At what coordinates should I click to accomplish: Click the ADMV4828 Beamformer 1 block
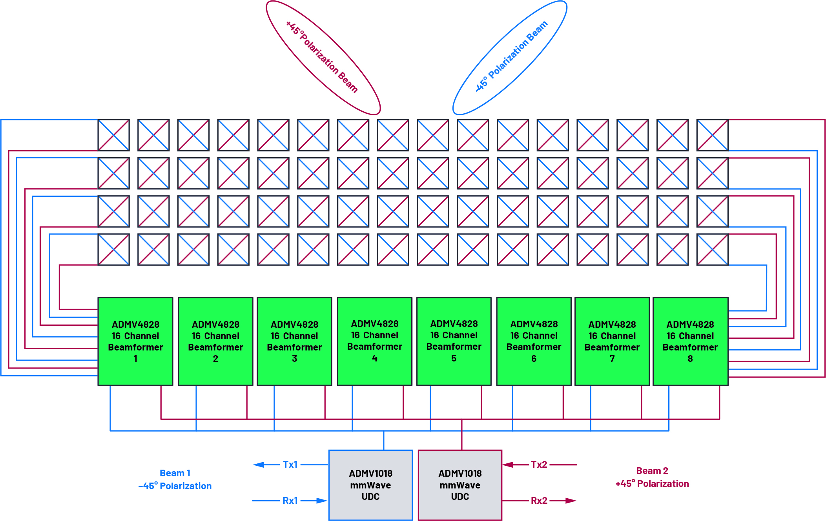click(x=135, y=341)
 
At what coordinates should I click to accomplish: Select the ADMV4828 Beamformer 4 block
click(x=374, y=341)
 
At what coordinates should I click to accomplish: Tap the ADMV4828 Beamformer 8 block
click(x=690, y=341)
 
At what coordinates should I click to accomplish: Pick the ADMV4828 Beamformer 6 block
click(x=534, y=341)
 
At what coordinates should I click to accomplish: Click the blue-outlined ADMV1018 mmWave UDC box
click(x=370, y=485)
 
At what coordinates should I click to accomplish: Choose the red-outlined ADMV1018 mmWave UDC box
click(x=460, y=485)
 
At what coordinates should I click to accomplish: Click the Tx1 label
click(x=290, y=465)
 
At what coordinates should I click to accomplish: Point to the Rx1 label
click(x=290, y=501)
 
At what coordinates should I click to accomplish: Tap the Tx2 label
click(x=539, y=465)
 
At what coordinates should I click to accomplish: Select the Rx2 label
click(x=539, y=501)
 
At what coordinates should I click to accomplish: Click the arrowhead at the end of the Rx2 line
click(x=571, y=501)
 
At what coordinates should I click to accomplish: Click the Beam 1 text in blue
click(x=175, y=473)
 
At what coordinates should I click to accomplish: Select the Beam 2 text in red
click(x=652, y=471)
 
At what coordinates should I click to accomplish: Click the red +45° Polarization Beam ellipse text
click(x=322, y=57)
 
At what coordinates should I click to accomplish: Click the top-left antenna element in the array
click(x=113, y=135)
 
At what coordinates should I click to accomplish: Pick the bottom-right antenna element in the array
click(x=712, y=249)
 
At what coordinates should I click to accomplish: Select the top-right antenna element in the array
click(x=712, y=135)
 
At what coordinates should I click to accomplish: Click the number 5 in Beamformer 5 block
click(x=454, y=358)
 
